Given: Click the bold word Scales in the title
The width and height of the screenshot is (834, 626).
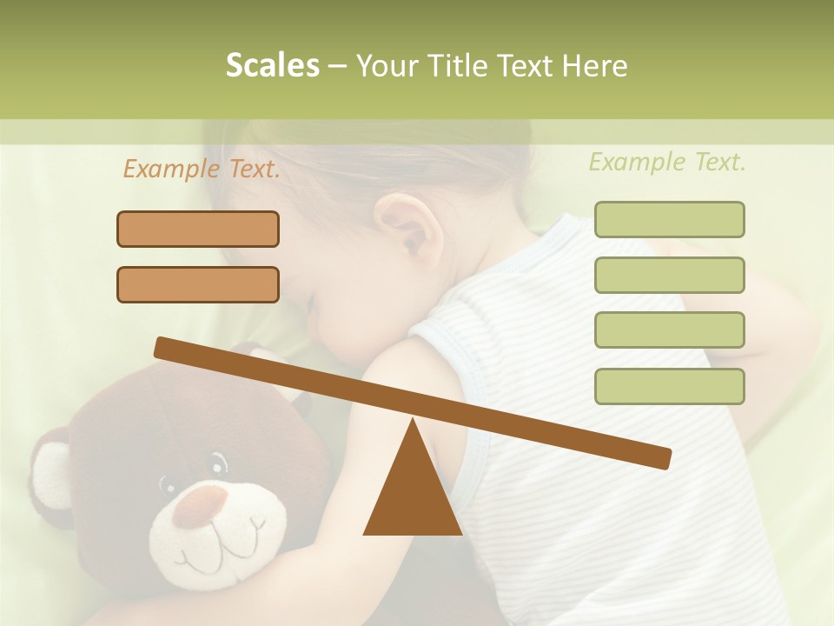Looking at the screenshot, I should pos(273,66).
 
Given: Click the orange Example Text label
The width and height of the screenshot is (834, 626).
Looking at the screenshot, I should pos(202,170).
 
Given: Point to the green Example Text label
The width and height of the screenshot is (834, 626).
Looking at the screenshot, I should pos(667,163).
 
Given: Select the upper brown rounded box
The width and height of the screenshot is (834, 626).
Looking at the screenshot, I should pos(198,230).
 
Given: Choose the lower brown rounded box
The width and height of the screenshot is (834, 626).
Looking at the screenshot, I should pos(198,285).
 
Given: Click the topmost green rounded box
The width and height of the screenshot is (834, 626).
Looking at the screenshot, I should pos(670,220).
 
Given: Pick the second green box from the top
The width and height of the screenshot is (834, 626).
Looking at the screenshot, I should pos(670,276).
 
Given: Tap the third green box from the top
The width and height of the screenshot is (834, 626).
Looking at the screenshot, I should pos(670,330).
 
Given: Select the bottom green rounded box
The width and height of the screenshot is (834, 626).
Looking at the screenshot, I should pos(670,387).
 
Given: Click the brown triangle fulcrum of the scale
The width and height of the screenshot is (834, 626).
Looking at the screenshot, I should pos(413,491).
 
